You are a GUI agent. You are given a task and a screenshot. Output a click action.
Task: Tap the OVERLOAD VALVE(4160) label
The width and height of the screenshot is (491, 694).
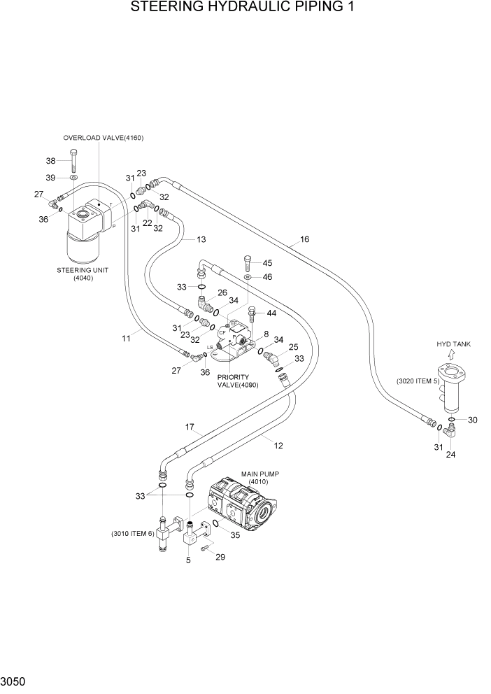tap(103, 138)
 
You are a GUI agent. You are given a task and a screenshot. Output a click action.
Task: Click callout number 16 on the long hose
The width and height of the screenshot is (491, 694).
tap(305, 239)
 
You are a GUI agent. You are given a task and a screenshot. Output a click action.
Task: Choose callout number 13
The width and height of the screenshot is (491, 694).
tap(201, 240)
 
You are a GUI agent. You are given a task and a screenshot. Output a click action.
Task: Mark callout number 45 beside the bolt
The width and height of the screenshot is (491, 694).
tap(266, 263)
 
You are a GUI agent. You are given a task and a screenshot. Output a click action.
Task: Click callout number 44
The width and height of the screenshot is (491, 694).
tap(271, 313)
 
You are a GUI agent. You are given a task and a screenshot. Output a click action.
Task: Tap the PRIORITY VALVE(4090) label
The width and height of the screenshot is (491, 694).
tap(233, 381)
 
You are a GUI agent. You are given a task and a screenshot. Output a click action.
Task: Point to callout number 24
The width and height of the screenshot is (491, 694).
tap(450, 454)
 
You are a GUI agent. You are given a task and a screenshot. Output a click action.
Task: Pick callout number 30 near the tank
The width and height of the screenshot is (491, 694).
tap(473, 420)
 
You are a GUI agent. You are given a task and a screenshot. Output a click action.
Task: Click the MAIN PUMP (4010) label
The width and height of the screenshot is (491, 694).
tap(260, 478)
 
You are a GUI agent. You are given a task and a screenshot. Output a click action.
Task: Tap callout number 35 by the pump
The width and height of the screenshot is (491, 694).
tap(235, 535)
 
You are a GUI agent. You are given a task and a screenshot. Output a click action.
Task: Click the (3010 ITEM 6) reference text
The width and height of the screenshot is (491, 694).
tap(132, 534)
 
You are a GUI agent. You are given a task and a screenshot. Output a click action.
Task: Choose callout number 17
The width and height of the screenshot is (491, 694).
tap(189, 427)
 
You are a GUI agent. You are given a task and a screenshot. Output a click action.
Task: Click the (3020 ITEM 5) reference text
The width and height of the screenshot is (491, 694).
tap(418, 381)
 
